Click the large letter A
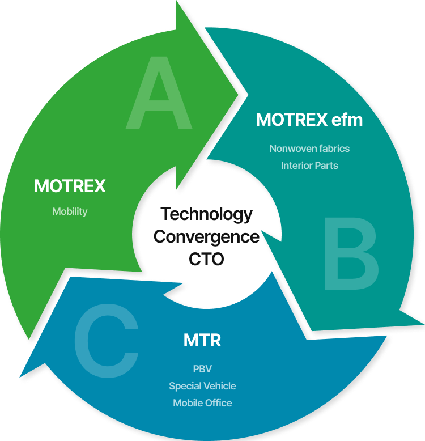pos(159,94)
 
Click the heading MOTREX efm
pos(309,120)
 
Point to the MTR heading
pos(202,341)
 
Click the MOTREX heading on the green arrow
pos(70,186)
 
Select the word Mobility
pos(70,211)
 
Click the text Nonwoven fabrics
pos(309,149)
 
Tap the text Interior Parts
pos(309,166)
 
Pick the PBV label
pos(202,369)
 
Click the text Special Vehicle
pos(202,386)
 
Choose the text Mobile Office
pos(202,403)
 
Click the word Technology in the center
pos(206,214)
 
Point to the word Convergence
pos(206,236)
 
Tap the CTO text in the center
pos(206,259)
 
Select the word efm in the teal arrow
pos(347,120)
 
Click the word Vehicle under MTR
pos(218,386)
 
